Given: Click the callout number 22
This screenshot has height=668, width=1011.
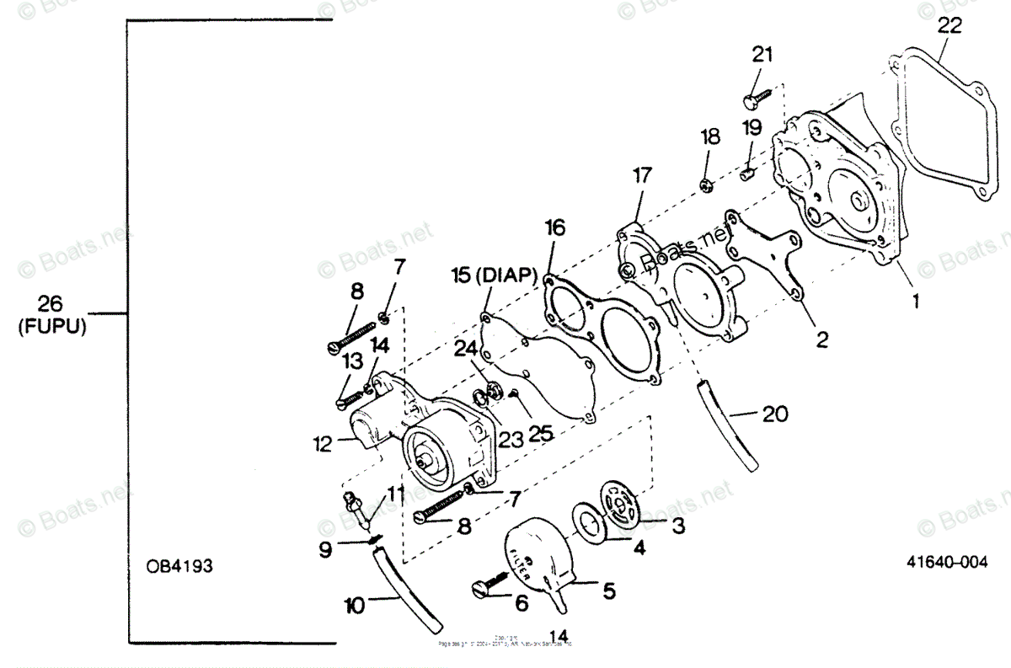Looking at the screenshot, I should [x=949, y=26].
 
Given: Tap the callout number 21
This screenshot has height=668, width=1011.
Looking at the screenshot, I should [x=762, y=55].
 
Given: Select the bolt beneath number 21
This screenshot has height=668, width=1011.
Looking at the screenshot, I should [x=755, y=99].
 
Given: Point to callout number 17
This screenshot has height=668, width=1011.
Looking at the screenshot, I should [x=642, y=176].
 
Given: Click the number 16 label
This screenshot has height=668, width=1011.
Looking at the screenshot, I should [x=554, y=227].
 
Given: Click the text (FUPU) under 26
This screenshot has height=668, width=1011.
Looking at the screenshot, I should [x=52, y=327].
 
